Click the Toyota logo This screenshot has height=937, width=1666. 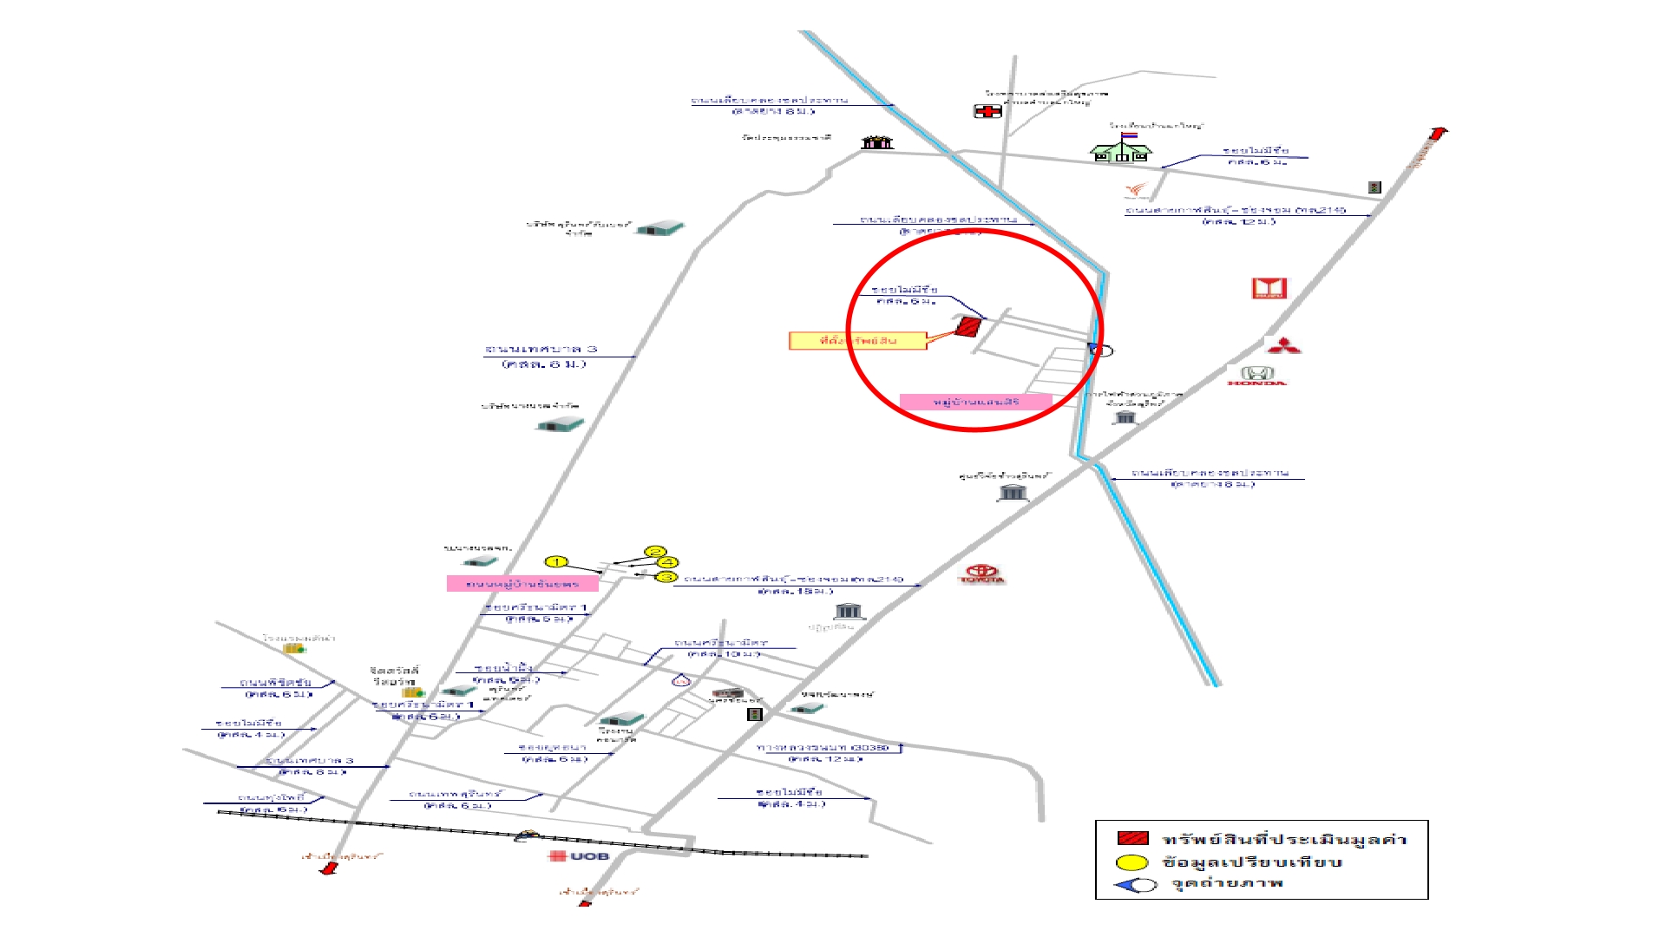coord(982,574)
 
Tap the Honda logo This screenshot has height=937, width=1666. coord(1256,376)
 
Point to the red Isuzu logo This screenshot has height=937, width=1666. coord(1269,288)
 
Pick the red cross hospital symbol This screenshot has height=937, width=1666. coord(987,111)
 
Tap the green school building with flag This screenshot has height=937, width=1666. coord(1121,149)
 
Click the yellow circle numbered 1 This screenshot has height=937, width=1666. coord(556,562)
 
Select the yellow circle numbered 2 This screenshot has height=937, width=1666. coord(655,552)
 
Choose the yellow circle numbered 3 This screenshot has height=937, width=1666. coord(666,577)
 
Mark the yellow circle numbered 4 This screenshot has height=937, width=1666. coord(667,562)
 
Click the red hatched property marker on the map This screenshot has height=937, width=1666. coord(967,327)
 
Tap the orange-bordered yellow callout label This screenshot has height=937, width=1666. coord(857,341)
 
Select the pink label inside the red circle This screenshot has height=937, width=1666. coord(975,402)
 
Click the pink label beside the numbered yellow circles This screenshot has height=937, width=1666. coord(522,584)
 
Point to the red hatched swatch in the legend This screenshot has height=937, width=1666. coord(1132,839)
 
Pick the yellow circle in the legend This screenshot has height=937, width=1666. coord(1131,862)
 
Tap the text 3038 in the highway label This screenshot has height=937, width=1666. coord(871,748)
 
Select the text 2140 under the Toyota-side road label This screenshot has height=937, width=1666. coord(888,579)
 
